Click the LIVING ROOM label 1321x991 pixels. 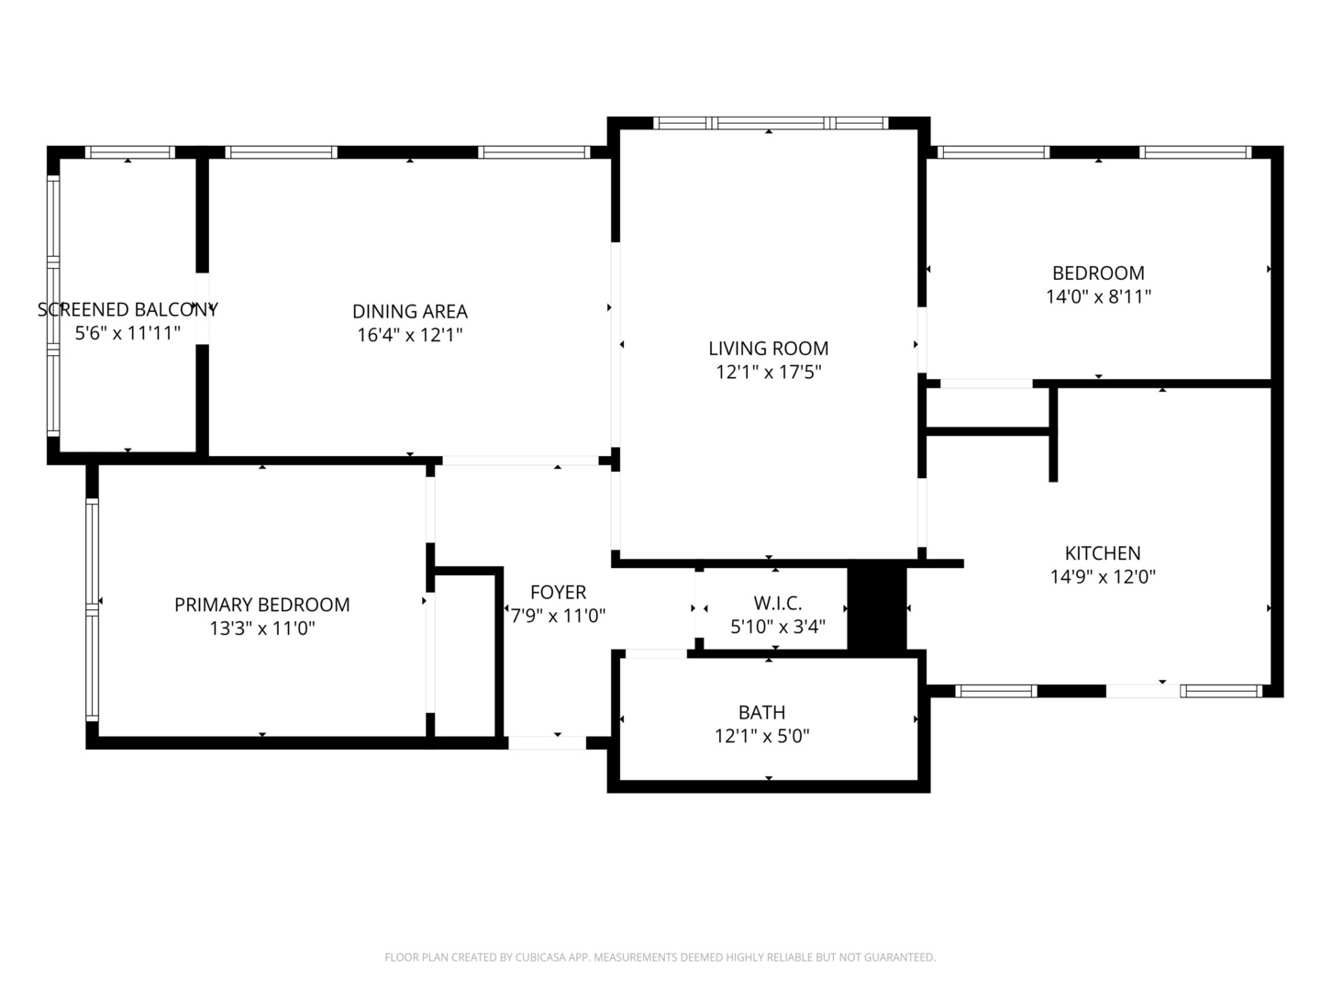[768, 349]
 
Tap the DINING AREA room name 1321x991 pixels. [410, 312]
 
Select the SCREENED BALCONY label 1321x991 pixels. [128, 310]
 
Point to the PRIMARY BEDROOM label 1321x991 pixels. [261, 605]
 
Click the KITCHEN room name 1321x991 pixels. [1103, 553]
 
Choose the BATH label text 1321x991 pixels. [762, 712]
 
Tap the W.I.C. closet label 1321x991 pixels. [778, 603]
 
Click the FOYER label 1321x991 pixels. [558, 593]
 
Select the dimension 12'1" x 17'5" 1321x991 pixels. [768, 373]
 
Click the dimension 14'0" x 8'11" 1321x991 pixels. [1098, 297]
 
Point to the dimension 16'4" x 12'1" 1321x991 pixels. [410, 335]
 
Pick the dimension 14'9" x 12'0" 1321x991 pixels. [1103, 577]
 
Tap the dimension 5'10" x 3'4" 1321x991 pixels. [778, 627]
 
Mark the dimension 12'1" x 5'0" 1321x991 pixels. [762, 737]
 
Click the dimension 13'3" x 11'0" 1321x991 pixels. [261, 629]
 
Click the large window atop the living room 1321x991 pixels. [771, 123]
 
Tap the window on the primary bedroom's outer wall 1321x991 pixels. [92, 609]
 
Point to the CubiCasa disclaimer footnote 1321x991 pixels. [660, 957]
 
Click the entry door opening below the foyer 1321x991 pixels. [547, 743]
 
